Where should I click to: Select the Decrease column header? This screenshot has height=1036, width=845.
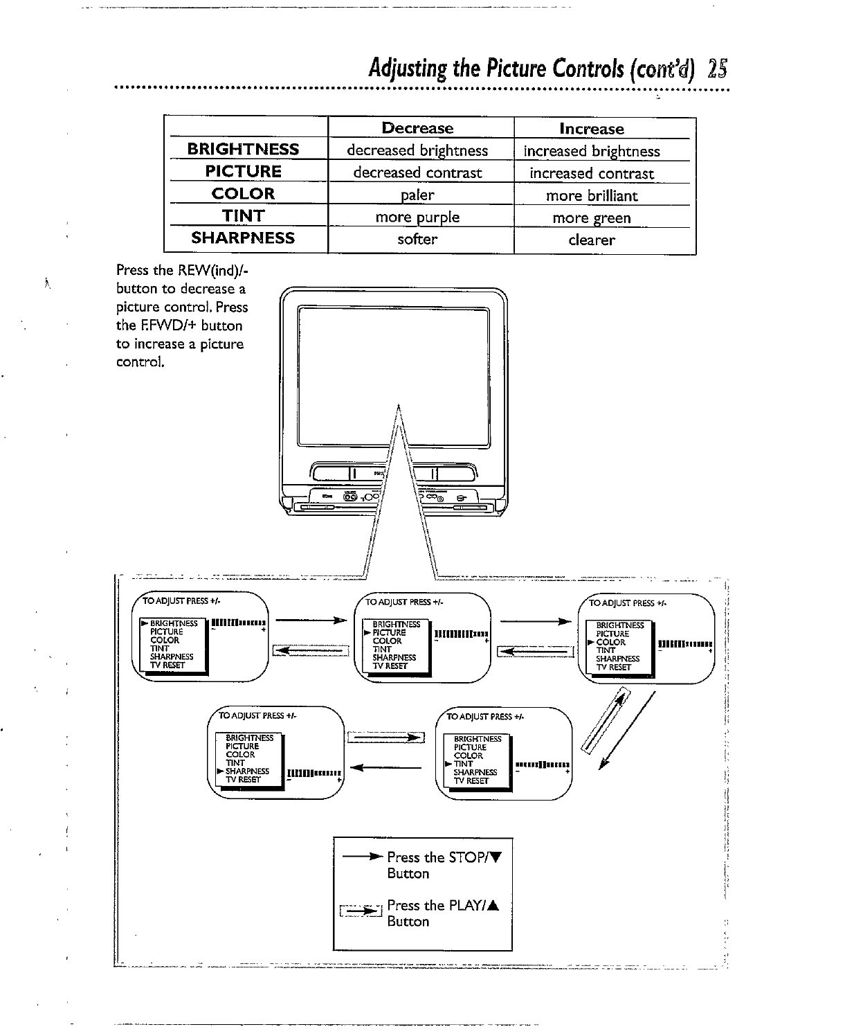pyautogui.click(x=417, y=128)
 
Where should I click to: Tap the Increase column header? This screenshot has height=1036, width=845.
pyautogui.click(x=591, y=129)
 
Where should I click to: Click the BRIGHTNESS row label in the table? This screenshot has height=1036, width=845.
pyautogui.click(x=243, y=149)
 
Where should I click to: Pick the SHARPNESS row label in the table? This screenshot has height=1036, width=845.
pyautogui.click(x=243, y=238)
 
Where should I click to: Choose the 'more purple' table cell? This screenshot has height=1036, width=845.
pyautogui.click(x=417, y=217)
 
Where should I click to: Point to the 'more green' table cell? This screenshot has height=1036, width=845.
pyautogui.click(x=591, y=218)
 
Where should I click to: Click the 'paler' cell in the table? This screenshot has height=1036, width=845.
pyautogui.click(x=417, y=195)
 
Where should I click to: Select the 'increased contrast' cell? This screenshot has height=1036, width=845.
pyautogui.click(x=591, y=173)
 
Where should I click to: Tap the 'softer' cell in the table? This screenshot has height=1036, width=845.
pyautogui.click(x=417, y=240)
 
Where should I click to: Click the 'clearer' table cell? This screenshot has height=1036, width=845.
pyautogui.click(x=591, y=240)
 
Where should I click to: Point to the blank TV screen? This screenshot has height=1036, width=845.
pyautogui.click(x=392, y=377)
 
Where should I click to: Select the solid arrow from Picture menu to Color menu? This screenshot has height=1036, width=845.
pyautogui.click(x=535, y=621)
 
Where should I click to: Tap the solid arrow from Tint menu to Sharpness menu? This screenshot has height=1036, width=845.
pyautogui.click(x=387, y=767)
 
